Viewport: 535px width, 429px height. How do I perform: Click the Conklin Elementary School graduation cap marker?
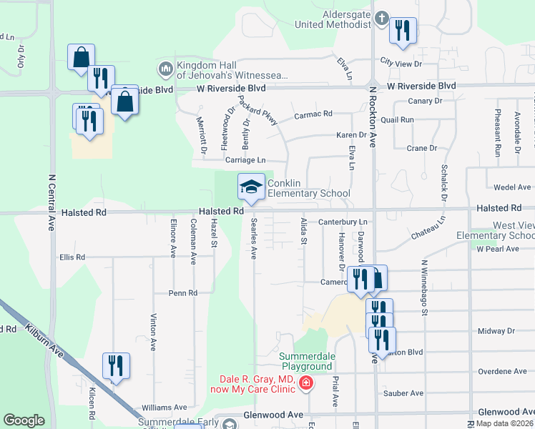(251, 187)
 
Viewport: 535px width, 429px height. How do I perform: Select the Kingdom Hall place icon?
(165, 69)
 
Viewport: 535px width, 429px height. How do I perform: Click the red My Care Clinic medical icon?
(306, 384)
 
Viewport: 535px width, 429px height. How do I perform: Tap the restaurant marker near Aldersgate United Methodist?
(403, 31)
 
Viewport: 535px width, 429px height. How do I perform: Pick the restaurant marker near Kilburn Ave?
(115, 365)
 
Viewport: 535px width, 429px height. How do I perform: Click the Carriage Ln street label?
(245, 160)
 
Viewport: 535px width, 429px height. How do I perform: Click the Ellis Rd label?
(72, 257)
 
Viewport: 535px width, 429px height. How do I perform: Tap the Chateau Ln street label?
(428, 230)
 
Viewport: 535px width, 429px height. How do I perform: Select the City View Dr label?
(401, 62)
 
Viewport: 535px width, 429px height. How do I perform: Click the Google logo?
(24, 420)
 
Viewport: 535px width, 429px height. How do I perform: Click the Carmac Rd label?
(313, 114)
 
